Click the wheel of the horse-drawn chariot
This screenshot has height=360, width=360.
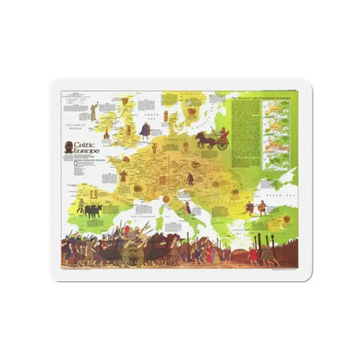[222, 144]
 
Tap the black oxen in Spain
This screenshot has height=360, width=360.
[90, 209]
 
